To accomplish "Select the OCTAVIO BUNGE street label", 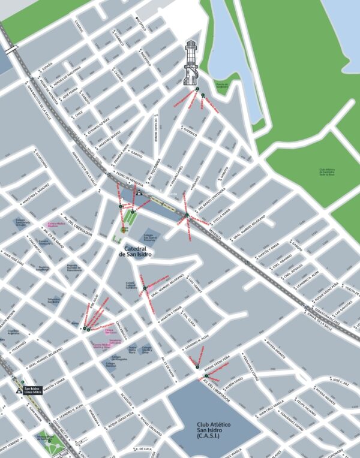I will tap(155, 129).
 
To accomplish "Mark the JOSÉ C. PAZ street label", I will tap(340, 381).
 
